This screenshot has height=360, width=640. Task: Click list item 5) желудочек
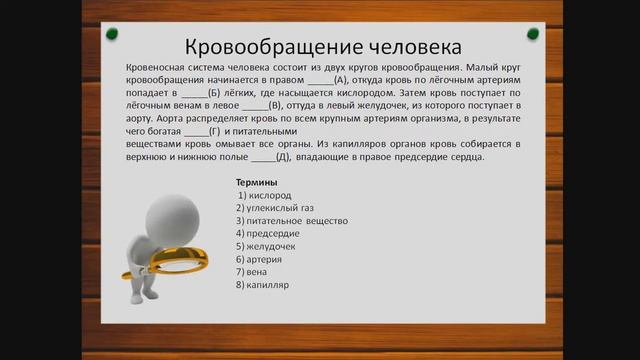[267, 246]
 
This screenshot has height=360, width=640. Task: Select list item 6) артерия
[262, 259]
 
